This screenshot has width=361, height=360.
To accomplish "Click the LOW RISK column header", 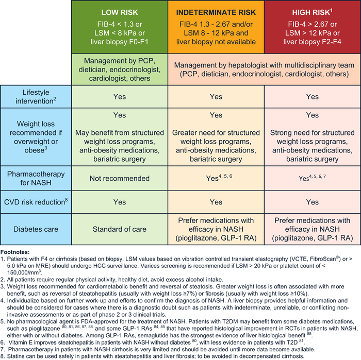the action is pos(120,12).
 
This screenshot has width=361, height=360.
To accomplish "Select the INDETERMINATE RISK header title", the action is pos(216,12).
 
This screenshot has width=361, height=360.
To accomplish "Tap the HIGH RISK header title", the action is pos(312,12).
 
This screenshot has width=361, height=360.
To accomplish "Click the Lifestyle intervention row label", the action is pos(36,96).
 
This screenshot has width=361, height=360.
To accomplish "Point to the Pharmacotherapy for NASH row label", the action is pos(36,178).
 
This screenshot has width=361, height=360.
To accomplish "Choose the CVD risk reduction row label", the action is pos(36,201).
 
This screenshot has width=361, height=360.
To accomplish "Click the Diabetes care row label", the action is pos(36,229).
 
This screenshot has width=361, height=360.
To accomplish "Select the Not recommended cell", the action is pos(120,178).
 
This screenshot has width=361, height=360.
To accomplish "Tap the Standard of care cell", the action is pos(120,229).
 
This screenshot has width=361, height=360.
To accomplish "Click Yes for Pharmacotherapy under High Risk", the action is pos(312,178).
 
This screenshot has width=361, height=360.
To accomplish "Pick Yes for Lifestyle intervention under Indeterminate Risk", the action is pos(216,96).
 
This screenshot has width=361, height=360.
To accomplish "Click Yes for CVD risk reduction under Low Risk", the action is pos(120,202).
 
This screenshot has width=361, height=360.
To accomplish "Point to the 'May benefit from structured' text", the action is pos(120,133).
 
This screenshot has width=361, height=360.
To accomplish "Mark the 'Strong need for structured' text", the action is pos(312,133).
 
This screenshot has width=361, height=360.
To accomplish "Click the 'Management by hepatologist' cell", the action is pos(264,70).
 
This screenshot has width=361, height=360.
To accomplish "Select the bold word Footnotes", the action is pos(15,252).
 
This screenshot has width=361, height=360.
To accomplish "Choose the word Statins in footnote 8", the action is pos(15,356).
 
